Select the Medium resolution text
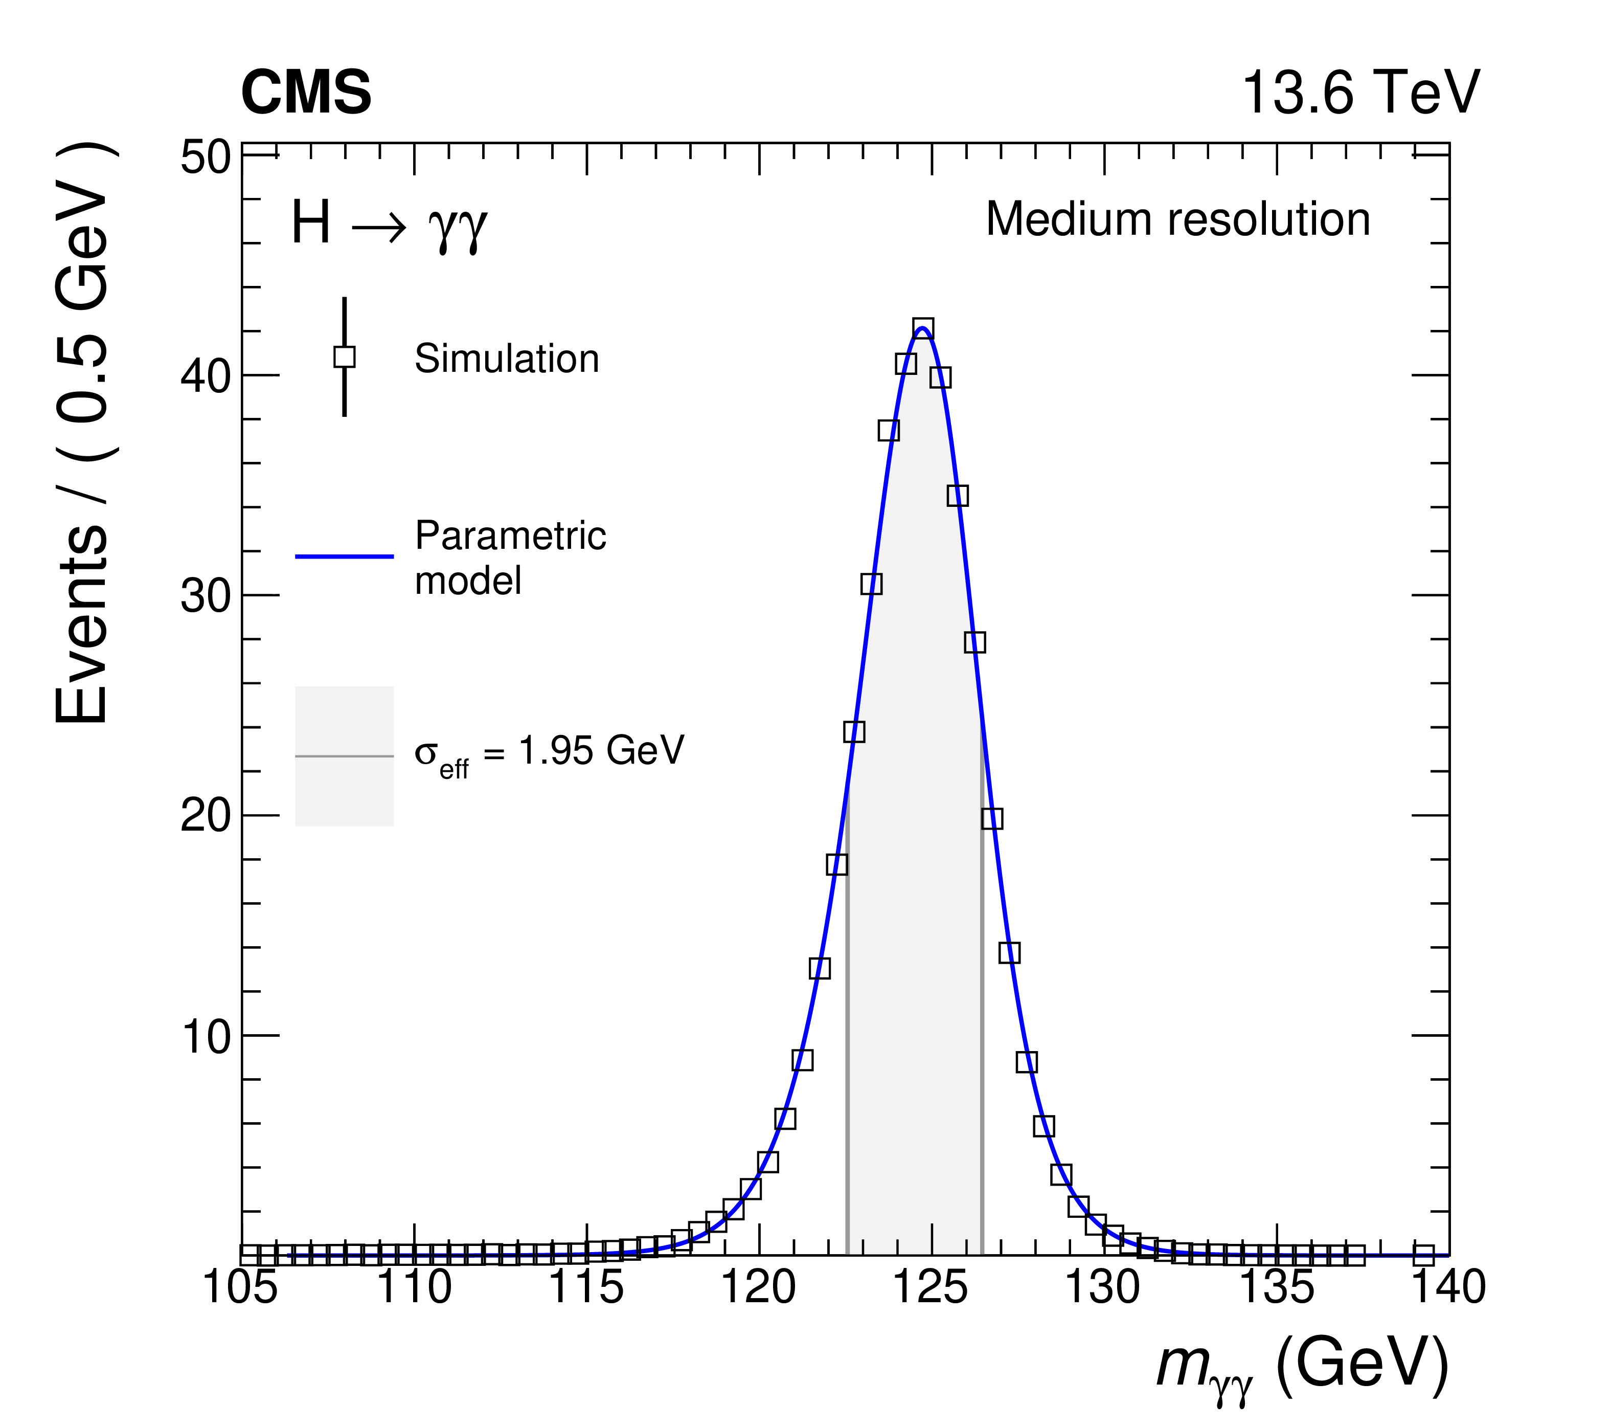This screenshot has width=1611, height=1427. [x=1177, y=219]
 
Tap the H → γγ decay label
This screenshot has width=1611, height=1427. [x=390, y=224]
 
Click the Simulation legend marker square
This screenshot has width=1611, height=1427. [x=345, y=357]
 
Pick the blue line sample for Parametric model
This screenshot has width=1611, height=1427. [x=345, y=556]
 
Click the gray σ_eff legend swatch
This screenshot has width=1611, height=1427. [x=345, y=756]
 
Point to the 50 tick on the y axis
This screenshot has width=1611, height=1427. [x=205, y=158]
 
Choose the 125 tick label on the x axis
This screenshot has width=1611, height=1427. [x=931, y=1287]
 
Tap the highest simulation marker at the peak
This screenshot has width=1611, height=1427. [x=923, y=329]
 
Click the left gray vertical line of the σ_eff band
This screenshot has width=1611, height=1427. [x=847, y=1025]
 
